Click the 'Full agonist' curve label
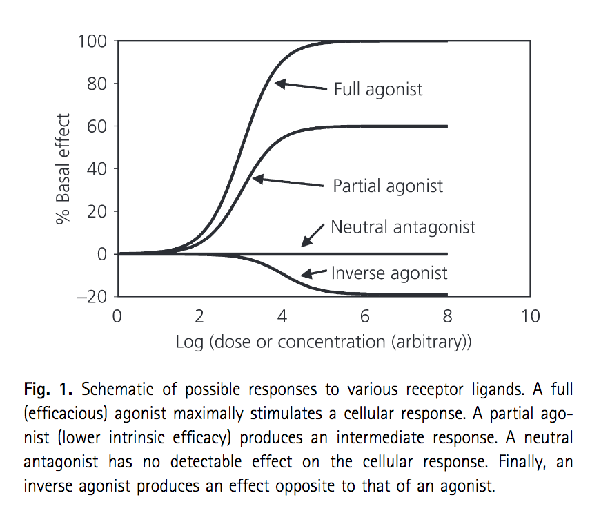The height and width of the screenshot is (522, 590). [378, 90]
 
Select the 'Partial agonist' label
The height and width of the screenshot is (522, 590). [388, 186]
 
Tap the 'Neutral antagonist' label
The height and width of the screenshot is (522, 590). [403, 227]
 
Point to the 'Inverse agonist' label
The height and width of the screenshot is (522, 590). [389, 273]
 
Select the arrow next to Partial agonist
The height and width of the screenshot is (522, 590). [288, 182]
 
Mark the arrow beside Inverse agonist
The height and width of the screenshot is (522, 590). [315, 273]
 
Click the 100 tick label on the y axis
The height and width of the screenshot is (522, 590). [92, 41]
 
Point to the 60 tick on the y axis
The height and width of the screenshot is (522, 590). [97, 127]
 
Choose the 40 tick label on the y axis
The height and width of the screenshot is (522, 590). [97, 169]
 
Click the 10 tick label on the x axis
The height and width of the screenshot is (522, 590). [529, 317]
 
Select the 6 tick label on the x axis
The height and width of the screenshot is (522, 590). [365, 317]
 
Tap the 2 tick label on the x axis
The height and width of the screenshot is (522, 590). [199, 317]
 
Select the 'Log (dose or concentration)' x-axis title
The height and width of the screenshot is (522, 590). [323, 342]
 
